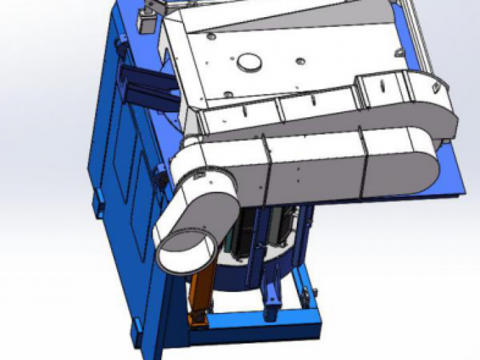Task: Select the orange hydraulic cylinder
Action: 200,291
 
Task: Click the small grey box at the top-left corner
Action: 145,21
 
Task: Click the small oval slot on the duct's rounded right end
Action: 435,88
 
